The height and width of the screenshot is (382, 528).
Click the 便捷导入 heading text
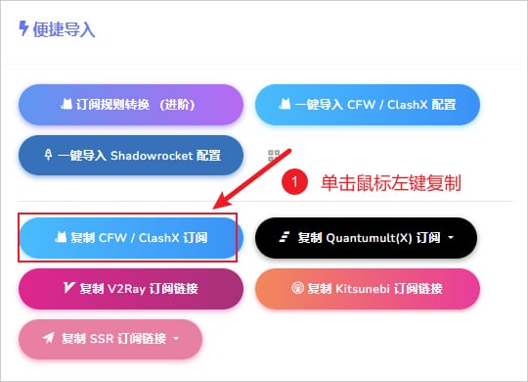(x=66, y=30)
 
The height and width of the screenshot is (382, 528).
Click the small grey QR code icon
(x=276, y=156)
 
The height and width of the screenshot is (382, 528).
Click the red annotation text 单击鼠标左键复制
(x=390, y=182)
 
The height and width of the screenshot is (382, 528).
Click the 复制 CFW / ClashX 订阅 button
(x=128, y=237)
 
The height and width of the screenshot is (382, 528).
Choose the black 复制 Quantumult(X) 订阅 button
(x=366, y=237)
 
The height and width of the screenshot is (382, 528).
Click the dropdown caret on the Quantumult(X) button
(x=451, y=238)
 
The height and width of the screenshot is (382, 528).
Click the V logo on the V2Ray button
(x=68, y=288)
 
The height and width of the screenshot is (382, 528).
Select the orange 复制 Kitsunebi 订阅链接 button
(x=367, y=288)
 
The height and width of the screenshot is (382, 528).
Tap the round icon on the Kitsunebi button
(x=298, y=289)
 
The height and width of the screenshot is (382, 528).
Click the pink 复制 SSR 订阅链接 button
(x=110, y=339)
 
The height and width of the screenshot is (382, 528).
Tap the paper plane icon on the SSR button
(x=49, y=339)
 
